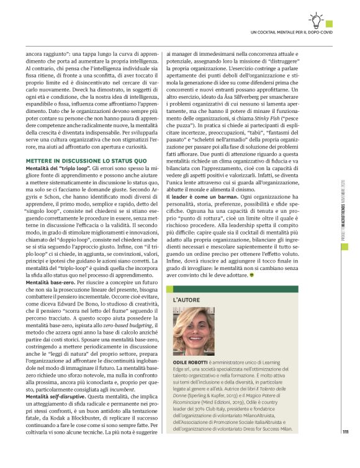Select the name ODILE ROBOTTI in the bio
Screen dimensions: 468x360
point(192,361)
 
